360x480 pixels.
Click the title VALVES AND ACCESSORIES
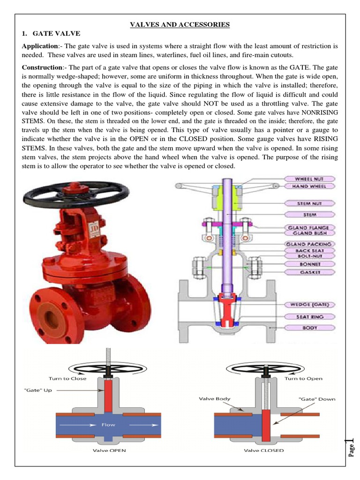tap(180, 24)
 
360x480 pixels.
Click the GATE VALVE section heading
tap(55, 33)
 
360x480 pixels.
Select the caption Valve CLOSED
tap(264, 450)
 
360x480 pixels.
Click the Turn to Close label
tap(67, 378)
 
